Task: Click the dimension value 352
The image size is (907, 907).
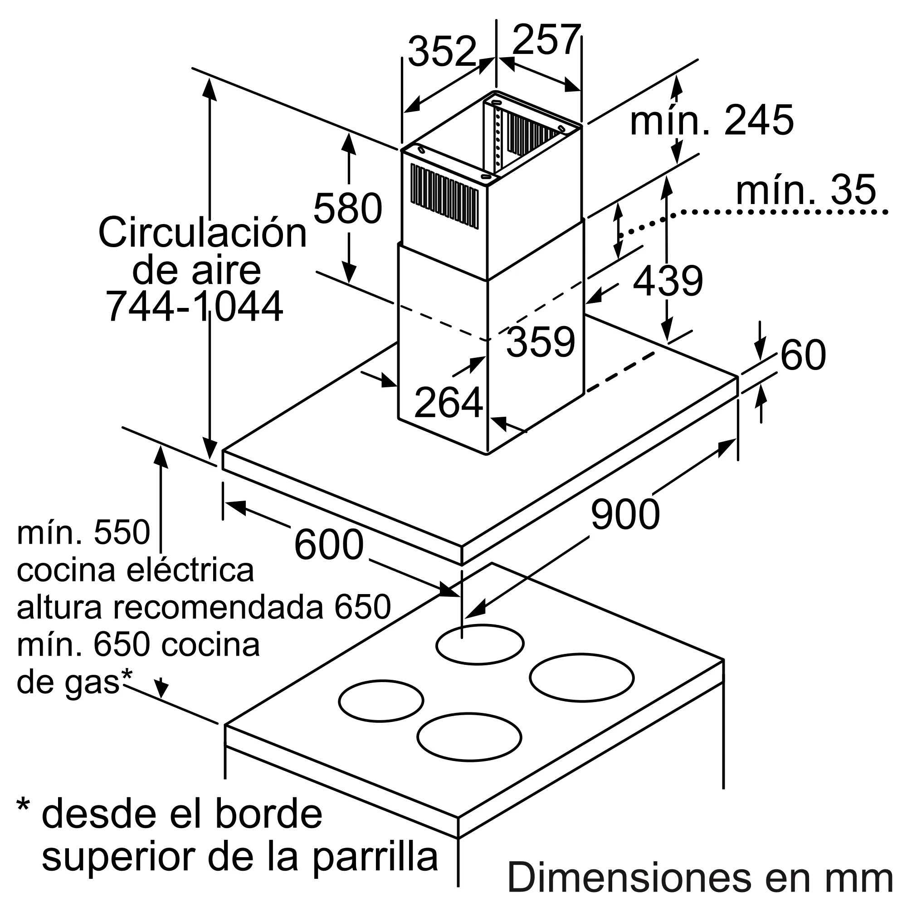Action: click(442, 52)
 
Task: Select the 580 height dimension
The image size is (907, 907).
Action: click(347, 209)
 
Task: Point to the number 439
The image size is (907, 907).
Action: click(668, 281)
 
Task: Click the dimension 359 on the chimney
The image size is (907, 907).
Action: click(541, 342)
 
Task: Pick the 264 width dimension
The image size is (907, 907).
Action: click(449, 402)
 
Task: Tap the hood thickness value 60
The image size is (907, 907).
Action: click(803, 355)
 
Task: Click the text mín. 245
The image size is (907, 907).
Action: click(711, 121)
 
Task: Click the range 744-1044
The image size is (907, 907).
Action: click(195, 307)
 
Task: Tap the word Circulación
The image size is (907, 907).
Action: click(202, 233)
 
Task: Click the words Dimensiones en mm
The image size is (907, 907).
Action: click(699, 877)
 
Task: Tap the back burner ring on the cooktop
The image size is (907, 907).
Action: click(479, 644)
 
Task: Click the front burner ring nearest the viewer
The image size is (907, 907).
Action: click(469, 736)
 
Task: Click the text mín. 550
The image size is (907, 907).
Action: click(83, 533)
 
